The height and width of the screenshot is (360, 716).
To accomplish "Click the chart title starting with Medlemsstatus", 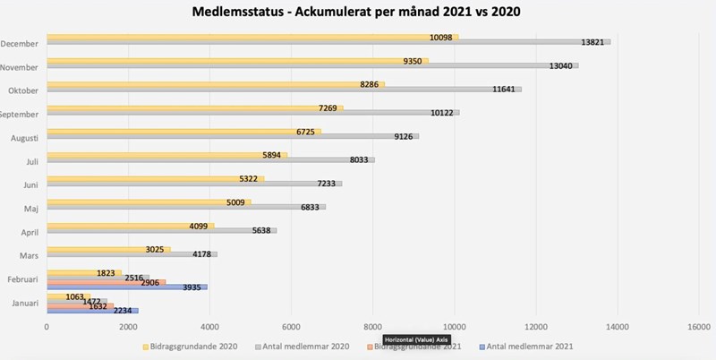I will tap(358, 13).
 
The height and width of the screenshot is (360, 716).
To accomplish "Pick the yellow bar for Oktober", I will tap(215, 84).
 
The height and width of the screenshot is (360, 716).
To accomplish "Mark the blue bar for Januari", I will tap(89, 311).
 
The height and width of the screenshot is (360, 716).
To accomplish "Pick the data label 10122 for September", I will tap(442, 113).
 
